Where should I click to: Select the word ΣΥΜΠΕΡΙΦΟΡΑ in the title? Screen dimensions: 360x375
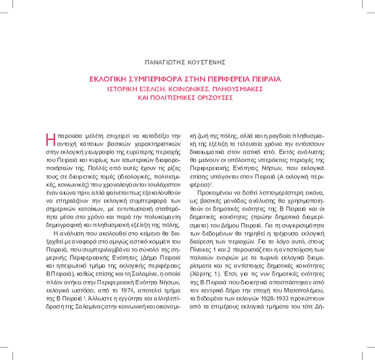tap(162, 79)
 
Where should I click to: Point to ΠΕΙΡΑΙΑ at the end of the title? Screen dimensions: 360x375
tap(262, 79)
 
